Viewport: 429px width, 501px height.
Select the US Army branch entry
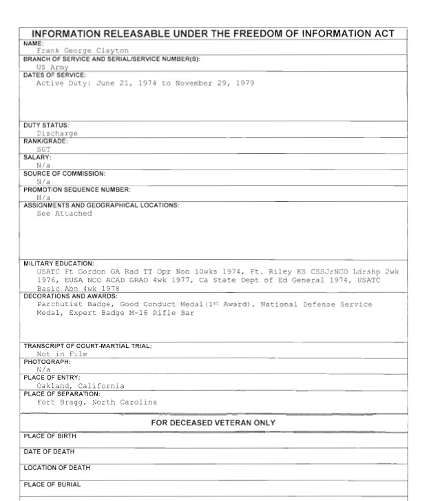coord(53,68)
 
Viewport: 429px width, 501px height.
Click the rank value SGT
coord(44,149)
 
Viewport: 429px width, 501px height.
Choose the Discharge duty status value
coord(57,133)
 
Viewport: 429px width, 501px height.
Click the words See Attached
coord(64,214)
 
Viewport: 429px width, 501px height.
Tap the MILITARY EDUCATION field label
coord(60,263)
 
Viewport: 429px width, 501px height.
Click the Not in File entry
coord(62,354)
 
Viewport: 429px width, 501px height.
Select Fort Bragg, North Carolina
coord(97,402)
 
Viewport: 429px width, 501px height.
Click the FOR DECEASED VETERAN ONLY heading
coord(214,422)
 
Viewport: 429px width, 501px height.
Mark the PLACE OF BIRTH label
coord(50,436)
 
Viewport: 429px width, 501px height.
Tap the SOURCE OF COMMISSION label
coord(65,174)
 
